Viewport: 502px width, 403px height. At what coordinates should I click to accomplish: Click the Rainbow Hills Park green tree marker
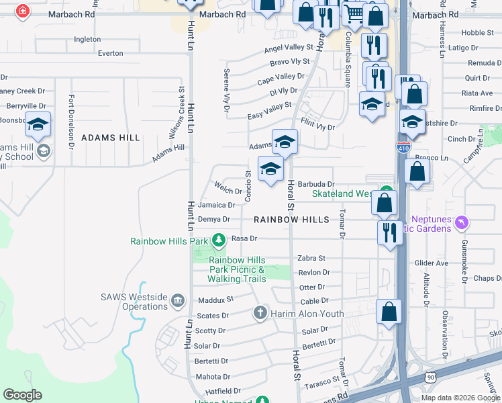click(x=218, y=239)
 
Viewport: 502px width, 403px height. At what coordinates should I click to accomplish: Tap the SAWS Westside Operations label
click(x=134, y=302)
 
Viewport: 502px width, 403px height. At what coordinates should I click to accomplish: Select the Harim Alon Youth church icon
click(x=260, y=313)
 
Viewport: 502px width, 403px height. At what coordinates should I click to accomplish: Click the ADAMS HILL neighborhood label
click(x=111, y=138)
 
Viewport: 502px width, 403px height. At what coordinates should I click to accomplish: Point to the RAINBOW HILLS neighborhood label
click(x=291, y=220)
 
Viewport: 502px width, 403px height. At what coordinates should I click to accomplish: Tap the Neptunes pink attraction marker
click(x=460, y=222)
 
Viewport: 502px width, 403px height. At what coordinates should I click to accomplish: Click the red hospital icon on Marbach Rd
click(x=23, y=11)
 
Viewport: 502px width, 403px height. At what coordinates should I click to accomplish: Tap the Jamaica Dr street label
click(x=217, y=205)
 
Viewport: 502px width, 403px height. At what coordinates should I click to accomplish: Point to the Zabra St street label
click(x=311, y=258)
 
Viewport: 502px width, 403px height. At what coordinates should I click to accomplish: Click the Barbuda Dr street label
click(x=316, y=184)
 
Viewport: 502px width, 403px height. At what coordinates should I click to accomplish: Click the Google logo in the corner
click(x=22, y=395)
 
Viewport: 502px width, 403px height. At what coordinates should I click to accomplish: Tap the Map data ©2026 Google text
click(x=460, y=398)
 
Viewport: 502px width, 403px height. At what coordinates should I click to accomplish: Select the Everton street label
click(x=111, y=53)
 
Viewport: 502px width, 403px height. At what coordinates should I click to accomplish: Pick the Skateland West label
click(x=342, y=193)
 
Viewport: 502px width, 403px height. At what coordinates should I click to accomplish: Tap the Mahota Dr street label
click(x=213, y=377)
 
